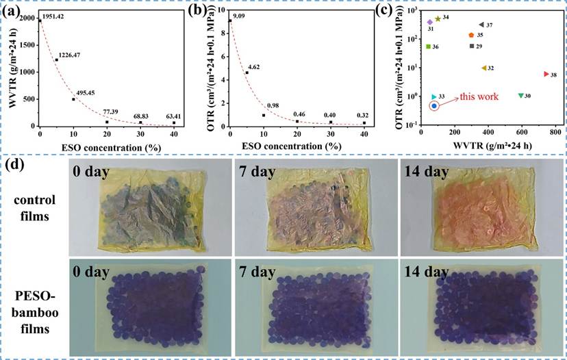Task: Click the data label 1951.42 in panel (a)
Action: coord(53,16)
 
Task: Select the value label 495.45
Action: coord(86,93)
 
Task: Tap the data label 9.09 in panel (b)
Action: coord(239,16)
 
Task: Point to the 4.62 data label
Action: coord(253,67)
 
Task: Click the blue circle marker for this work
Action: coord(434,105)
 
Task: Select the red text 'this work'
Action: coord(479,97)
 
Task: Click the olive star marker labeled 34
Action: coord(438,18)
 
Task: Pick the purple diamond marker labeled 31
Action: coord(430,22)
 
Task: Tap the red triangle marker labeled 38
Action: coord(546,74)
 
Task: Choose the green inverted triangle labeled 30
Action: coord(520,95)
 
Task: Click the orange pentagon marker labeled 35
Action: coord(471,35)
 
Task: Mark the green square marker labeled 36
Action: coord(429,47)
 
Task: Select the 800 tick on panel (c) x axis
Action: coord(555,133)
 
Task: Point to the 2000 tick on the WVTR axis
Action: coord(28,18)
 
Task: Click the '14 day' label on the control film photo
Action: coord(426,171)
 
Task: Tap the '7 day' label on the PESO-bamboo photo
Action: coord(257,272)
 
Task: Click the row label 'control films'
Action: coord(35,208)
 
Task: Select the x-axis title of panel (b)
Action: coord(292,146)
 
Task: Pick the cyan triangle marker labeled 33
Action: coord(434,97)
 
